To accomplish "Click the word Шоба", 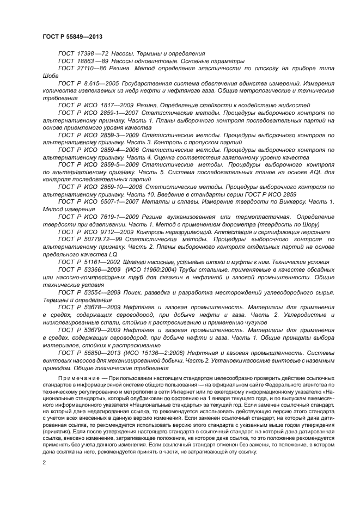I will pyautogui.click(x=51, y=77).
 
